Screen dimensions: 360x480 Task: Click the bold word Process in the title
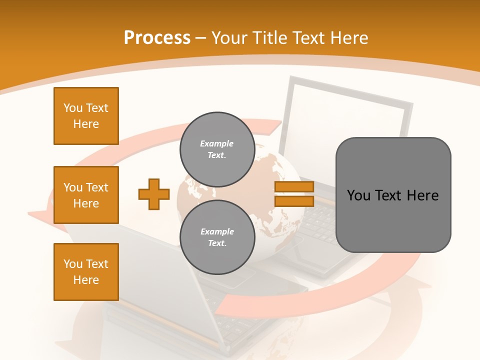(x=157, y=37)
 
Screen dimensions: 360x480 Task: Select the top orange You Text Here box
(x=86, y=116)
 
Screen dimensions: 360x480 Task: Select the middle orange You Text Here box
(x=86, y=195)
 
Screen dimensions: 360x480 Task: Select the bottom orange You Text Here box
(x=86, y=272)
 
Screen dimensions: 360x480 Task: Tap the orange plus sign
(x=154, y=194)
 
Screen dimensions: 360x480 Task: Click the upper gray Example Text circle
(x=217, y=149)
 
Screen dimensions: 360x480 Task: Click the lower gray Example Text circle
(x=217, y=237)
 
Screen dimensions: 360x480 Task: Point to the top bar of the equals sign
(x=294, y=187)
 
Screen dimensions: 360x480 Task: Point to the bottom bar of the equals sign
(x=294, y=201)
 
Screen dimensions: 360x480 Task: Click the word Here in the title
(x=348, y=38)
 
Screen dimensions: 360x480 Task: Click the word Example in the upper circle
(x=217, y=143)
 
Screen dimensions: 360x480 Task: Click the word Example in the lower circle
(x=217, y=231)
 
